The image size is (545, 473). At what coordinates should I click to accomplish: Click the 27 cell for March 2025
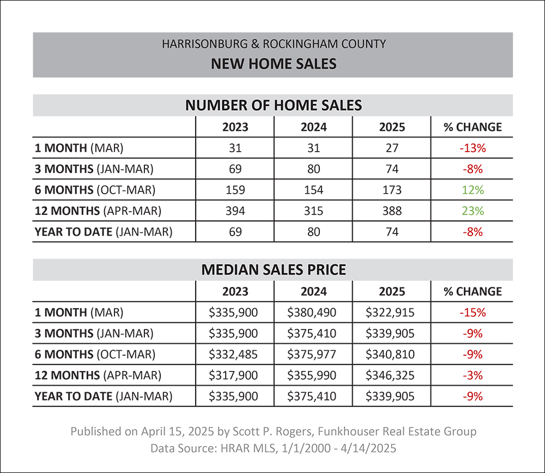click(x=392, y=148)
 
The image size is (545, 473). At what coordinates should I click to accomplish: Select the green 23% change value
click(x=473, y=211)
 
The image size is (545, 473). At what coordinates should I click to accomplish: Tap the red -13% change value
click(x=473, y=148)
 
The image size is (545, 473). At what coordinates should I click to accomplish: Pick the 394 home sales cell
click(x=235, y=211)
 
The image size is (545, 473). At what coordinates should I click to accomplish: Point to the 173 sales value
click(x=392, y=190)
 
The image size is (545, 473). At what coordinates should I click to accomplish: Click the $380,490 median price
click(x=312, y=313)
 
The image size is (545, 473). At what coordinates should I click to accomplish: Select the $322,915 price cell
click(x=390, y=313)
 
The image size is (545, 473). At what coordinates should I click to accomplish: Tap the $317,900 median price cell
click(x=233, y=375)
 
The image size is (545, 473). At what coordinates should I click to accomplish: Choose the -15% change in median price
click(x=473, y=313)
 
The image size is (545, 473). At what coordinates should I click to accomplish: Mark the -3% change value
click(x=473, y=375)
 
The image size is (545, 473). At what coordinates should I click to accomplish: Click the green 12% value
click(x=473, y=190)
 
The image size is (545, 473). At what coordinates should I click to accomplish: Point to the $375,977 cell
click(x=312, y=354)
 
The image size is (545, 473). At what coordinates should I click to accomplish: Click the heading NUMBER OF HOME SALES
click(x=274, y=105)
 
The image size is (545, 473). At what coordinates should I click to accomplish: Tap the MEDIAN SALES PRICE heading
click(x=274, y=270)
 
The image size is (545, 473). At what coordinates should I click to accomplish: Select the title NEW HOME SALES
click(x=274, y=64)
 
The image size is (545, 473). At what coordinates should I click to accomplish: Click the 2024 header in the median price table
click(x=313, y=291)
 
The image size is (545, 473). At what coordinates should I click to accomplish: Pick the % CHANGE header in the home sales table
click(x=473, y=127)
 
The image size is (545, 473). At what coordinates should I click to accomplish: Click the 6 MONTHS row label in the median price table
click(x=95, y=354)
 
